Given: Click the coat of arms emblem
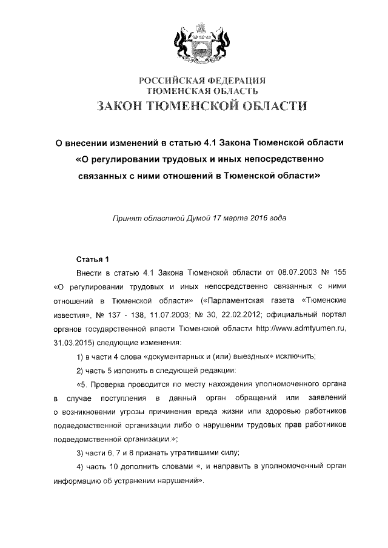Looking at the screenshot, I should [x=194, y=40].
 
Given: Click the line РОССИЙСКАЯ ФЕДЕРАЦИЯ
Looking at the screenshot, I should [x=194, y=81].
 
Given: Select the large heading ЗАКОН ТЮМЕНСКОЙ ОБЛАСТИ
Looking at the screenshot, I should [x=194, y=107].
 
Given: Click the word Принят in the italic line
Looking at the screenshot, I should [x=127, y=217].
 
